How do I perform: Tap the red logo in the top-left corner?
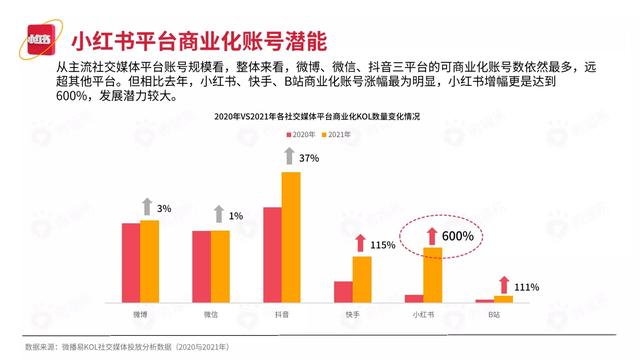[x=38, y=42]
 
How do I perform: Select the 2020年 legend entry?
[x=304, y=134]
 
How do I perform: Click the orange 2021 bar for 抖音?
[x=290, y=237]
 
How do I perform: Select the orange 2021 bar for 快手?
[x=362, y=279]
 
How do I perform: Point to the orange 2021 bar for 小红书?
[x=432, y=275]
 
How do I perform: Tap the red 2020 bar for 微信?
[x=201, y=266]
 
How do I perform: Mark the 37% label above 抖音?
[x=308, y=158]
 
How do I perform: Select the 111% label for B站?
[x=527, y=286]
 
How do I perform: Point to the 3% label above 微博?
[x=164, y=208]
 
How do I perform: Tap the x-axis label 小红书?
[x=423, y=314]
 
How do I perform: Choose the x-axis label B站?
[x=494, y=314]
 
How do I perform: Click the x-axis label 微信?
[x=211, y=314]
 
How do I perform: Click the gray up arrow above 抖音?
[x=290, y=157]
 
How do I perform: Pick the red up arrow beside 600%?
[x=432, y=236]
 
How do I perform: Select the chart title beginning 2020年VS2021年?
[x=317, y=116]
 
